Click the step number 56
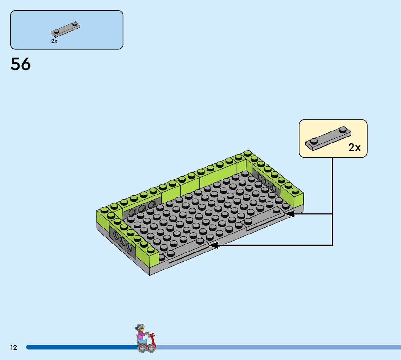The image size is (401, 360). pos(21,65)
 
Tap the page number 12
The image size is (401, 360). pos(13,348)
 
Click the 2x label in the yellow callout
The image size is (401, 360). pos(354,147)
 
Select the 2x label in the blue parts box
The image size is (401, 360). pos(54,41)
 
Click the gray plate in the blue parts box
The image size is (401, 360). pos(66,29)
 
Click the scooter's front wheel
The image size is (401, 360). pos(152,348)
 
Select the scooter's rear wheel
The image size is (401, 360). pos(141,348)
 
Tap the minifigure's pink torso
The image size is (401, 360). pos(141,335)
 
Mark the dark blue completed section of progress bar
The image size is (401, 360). pos(80,347)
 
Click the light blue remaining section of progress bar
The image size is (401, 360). pos(276,347)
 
